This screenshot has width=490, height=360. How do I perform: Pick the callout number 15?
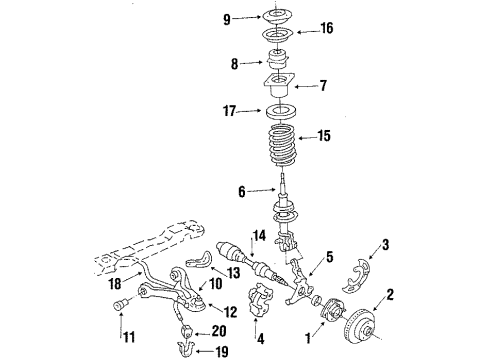point(322,134)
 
